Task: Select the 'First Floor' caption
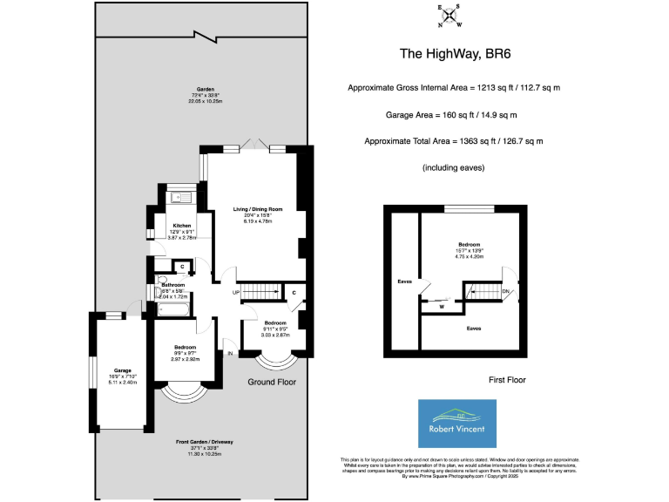(x=506, y=380)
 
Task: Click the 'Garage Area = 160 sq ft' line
(x=453, y=114)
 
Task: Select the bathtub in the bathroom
(x=175, y=309)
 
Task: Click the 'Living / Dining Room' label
(x=258, y=209)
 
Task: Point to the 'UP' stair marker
(x=236, y=292)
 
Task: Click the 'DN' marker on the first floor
(x=505, y=291)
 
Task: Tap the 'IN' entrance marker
(x=230, y=353)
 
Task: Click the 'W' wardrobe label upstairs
(x=443, y=306)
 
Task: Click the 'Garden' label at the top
(x=206, y=90)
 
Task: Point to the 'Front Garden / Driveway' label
(x=206, y=443)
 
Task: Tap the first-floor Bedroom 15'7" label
(x=469, y=245)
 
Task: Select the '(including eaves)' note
(x=453, y=166)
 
